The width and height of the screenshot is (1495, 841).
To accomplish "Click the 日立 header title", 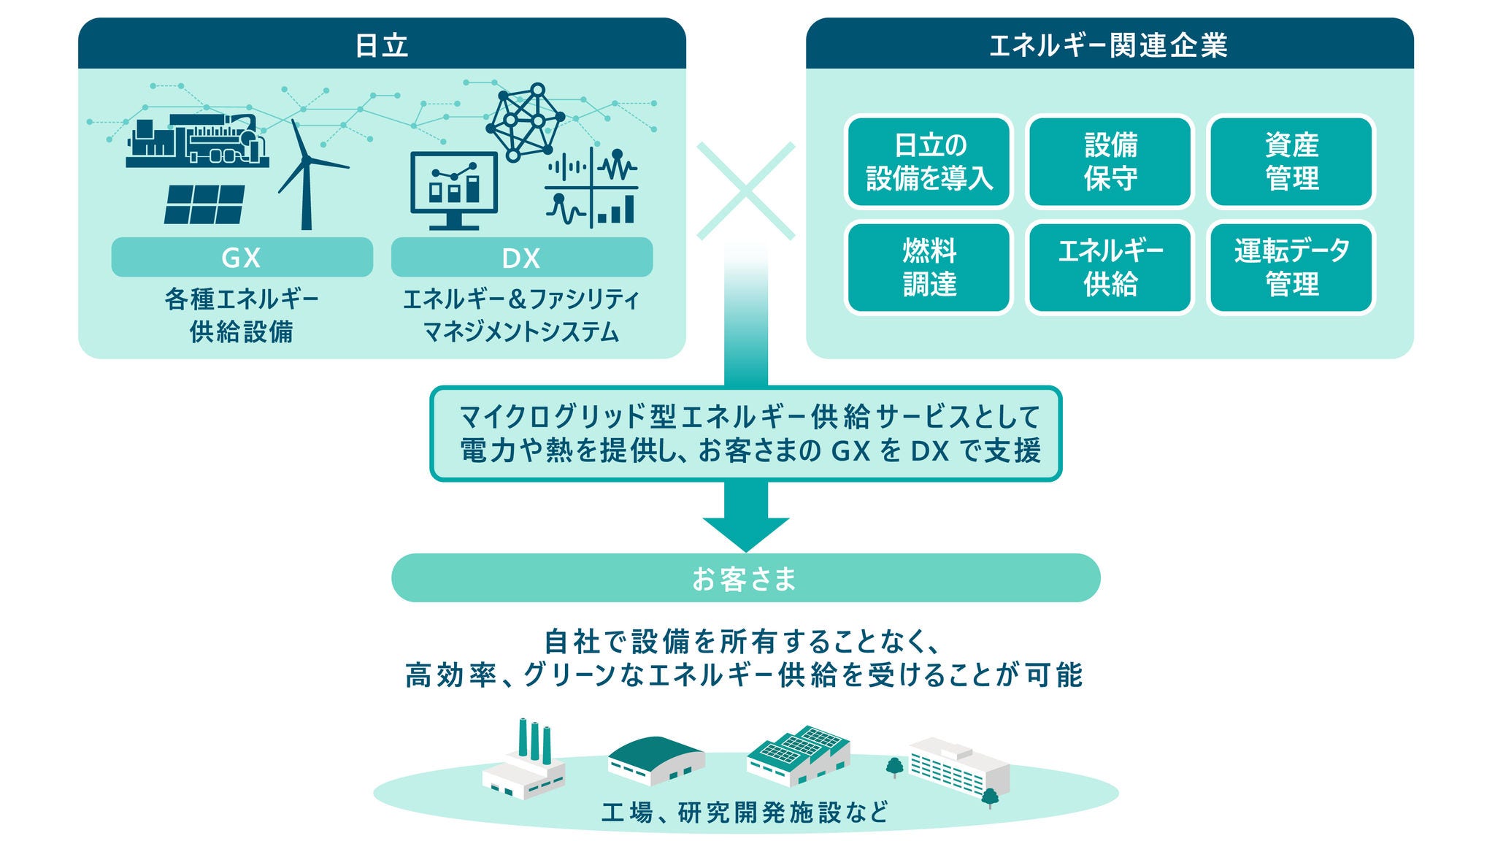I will pyautogui.click(x=381, y=45).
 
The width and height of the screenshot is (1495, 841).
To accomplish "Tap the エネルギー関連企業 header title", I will pyautogui.click(x=1108, y=45).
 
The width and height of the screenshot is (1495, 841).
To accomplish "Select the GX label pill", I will pyautogui.click(x=242, y=258).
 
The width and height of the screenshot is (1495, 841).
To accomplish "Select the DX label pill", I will pyautogui.click(x=521, y=258).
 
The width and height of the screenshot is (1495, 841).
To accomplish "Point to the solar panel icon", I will pyautogui.click(x=204, y=204).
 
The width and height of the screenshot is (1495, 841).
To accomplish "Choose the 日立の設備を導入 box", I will pyautogui.click(x=929, y=161).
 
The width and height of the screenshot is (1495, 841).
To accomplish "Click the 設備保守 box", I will pyautogui.click(x=1110, y=161).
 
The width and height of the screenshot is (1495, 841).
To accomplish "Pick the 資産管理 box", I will pyautogui.click(x=1291, y=161).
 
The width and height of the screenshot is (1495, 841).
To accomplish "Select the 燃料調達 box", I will pyautogui.click(x=929, y=267).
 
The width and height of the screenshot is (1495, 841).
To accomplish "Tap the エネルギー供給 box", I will pyautogui.click(x=1110, y=267).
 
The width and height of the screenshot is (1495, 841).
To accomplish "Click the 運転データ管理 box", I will pyautogui.click(x=1291, y=267).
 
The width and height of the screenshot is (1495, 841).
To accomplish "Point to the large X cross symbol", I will pyautogui.click(x=745, y=191).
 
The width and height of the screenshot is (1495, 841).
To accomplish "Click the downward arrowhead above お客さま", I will pyautogui.click(x=745, y=533).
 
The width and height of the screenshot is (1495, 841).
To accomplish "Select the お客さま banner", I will pyautogui.click(x=745, y=578).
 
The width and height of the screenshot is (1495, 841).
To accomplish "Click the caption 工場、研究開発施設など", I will pyautogui.click(x=745, y=813).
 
